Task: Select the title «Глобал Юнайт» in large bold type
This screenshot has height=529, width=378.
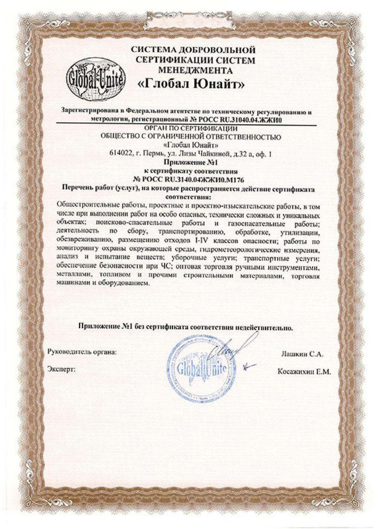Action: pyautogui.click(x=192, y=85)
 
